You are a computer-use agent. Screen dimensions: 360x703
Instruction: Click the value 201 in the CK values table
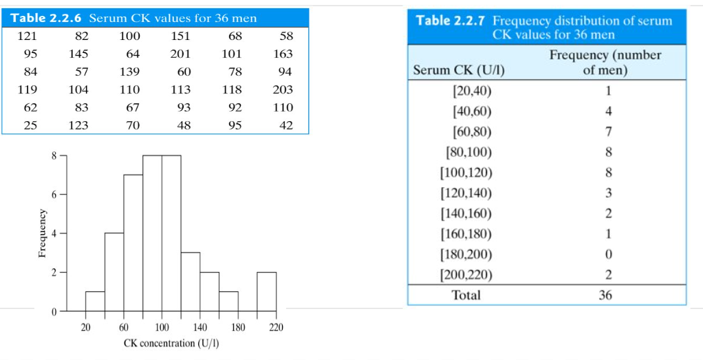(x=180, y=54)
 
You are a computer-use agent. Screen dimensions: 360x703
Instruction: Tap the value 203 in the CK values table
(x=282, y=89)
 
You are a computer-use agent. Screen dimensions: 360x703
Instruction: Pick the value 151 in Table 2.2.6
(x=180, y=36)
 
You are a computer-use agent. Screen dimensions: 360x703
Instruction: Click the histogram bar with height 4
(x=114, y=272)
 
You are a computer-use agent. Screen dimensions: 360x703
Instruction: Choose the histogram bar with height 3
(x=191, y=282)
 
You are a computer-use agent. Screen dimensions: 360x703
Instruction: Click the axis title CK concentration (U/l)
(x=171, y=343)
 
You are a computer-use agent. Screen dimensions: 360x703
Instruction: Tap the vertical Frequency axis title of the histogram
(x=42, y=234)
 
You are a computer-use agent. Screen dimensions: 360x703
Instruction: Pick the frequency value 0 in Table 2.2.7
(x=608, y=255)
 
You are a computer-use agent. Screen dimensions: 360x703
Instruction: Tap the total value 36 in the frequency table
(x=605, y=295)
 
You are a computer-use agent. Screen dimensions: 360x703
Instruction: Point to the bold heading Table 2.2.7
(x=451, y=21)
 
